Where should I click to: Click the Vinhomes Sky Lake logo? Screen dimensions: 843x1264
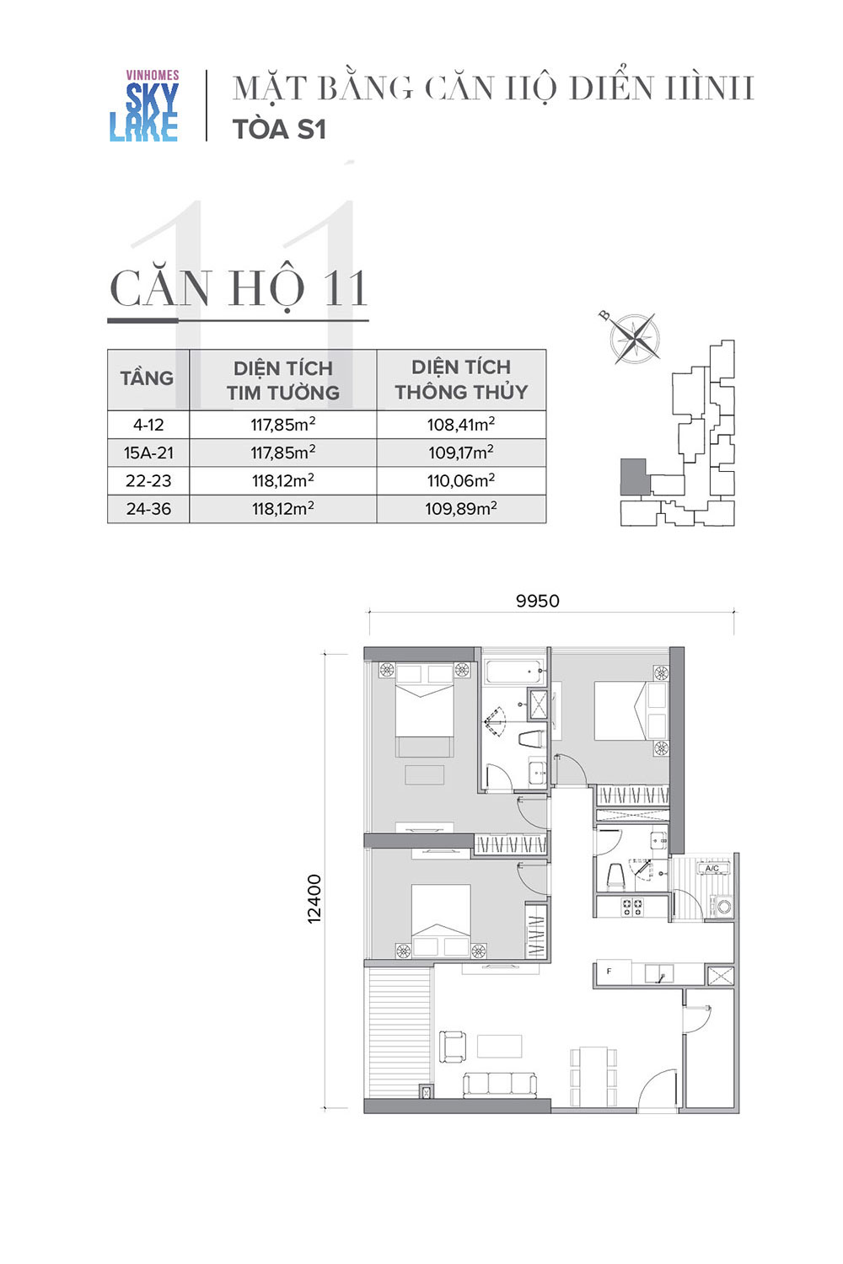pos(144,105)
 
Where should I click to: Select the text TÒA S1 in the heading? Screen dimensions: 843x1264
pos(280,129)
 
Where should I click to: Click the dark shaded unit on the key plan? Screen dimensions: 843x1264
pos(633,477)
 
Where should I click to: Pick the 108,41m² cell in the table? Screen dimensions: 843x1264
pos(461,425)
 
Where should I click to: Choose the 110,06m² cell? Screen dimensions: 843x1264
pos(461,481)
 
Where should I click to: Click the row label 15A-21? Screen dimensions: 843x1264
pos(148,453)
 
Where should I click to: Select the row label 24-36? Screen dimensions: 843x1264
pos(148,509)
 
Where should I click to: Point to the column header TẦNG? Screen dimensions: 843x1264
pos(147,378)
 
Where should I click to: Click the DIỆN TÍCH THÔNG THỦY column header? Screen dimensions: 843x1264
pos(461,379)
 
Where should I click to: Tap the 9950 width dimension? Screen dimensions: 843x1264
pos(538,601)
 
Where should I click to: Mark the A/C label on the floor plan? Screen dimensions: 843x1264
pos(712,869)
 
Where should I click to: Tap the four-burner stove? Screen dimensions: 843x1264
pos(631,907)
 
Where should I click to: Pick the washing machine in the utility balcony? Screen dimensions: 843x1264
pos(722,906)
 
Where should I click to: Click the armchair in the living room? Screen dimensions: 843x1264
pos(453,1047)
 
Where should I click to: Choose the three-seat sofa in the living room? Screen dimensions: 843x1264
pos(500,1084)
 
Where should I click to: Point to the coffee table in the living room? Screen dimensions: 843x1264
pos(500,1046)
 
